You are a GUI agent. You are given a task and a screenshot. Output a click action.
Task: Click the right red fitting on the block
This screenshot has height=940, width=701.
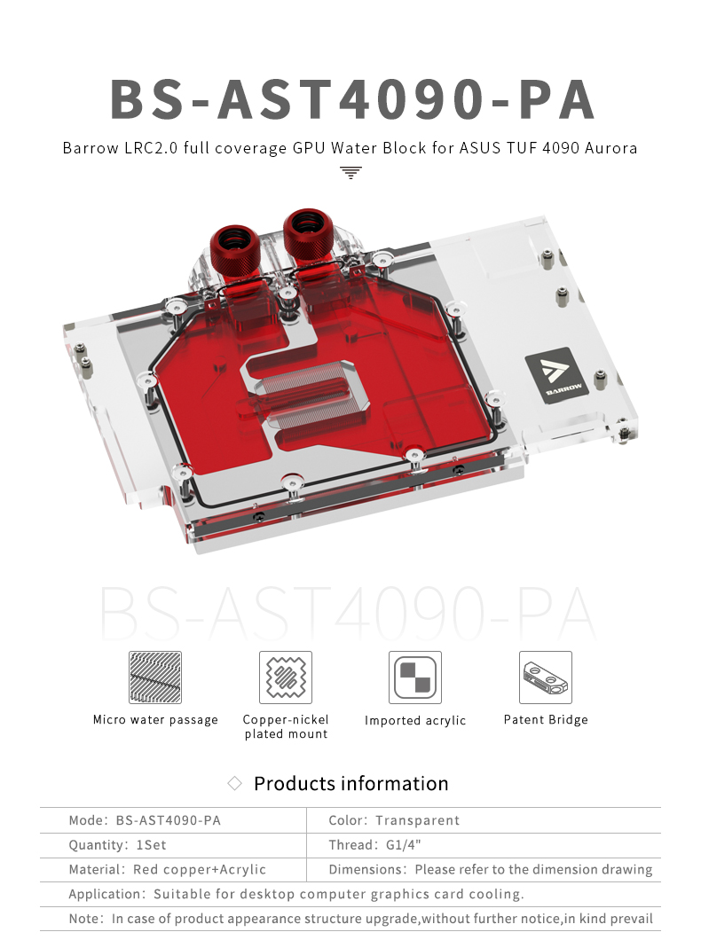(x=308, y=236)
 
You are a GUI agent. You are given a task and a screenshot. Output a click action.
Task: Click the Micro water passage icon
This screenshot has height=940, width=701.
(x=155, y=678)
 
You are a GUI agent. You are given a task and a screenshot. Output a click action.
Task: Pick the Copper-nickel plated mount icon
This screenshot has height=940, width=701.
(x=286, y=678)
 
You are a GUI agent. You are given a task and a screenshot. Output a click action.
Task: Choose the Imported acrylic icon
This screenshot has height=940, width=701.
(x=415, y=678)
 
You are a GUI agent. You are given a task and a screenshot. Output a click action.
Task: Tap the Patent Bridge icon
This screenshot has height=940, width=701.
(x=546, y=678)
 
